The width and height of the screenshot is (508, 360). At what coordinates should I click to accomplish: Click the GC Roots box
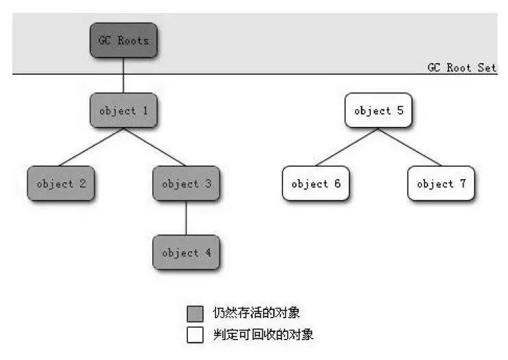(123, 40)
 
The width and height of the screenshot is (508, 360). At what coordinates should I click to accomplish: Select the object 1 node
(123, 110)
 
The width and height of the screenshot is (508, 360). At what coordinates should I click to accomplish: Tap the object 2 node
(61, 183)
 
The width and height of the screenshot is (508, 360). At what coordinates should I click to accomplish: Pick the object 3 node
(186, 183)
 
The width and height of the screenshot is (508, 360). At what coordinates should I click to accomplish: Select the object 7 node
(442, 183)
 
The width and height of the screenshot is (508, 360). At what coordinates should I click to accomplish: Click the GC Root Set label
(461, 67)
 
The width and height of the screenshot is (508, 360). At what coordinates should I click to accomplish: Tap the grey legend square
(195, 313)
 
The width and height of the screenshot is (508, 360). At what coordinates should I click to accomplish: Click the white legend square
(195, 335)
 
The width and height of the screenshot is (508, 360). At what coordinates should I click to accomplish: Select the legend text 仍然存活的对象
(256, 313)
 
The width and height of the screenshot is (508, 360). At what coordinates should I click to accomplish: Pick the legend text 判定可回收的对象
(263, 335)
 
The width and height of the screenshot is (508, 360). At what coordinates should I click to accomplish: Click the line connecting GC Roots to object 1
(123, 75)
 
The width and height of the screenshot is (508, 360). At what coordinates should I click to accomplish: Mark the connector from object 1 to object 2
(92, 147)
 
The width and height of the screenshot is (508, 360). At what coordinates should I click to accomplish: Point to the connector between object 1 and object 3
(154, 147)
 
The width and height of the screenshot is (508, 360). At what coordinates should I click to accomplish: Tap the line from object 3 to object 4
(186, 218)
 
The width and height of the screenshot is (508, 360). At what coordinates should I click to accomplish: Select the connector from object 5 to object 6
(347, 147)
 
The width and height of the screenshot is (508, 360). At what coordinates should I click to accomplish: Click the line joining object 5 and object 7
(410, 147)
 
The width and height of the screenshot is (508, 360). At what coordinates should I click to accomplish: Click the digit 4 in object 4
(208, 252)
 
